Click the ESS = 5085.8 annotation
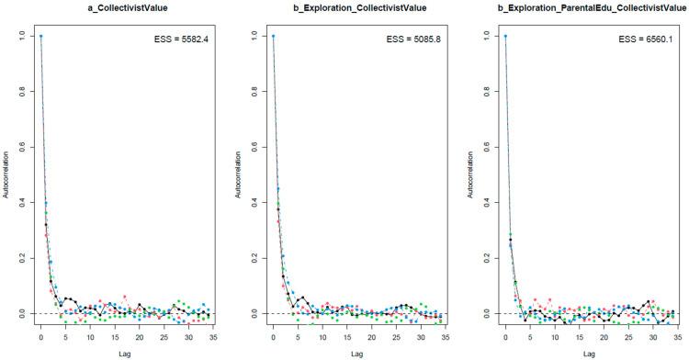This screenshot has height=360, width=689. click(x=416, y=39)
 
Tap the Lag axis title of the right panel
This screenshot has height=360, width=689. click(x=588, y=353)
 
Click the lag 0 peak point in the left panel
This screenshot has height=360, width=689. click(x=40, y=37)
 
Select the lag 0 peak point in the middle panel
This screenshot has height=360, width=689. click(x=273, y=37)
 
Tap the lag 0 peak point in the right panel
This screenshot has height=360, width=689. click(x=505, y=37)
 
